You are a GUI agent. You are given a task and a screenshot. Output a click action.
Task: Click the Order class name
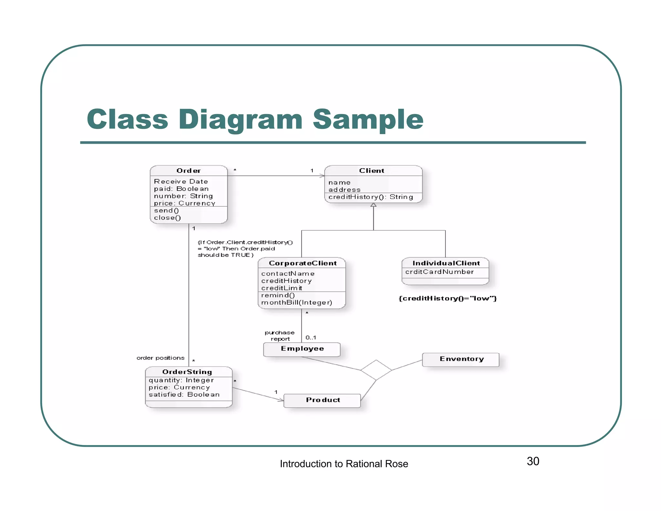[188, 171]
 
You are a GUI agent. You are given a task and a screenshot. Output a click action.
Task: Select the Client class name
[371, 171]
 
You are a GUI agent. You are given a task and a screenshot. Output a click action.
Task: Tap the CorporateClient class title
[302, 263]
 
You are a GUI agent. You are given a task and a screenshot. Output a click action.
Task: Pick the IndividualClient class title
[446, 263]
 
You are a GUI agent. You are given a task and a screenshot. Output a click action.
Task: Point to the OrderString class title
[187, 372]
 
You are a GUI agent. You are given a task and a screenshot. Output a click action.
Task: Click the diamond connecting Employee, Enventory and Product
[376, 370]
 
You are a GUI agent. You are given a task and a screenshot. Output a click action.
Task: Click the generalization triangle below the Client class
[373, 205]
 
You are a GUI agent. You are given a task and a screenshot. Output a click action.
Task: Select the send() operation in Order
[167, 211]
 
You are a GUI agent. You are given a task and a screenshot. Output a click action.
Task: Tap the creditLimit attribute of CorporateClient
[282, 288]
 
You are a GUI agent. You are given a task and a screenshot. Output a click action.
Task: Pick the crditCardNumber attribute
[440, 272]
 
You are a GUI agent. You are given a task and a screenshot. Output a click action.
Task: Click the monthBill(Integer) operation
[297, 302]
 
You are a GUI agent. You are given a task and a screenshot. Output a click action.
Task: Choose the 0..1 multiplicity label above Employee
[311, 338]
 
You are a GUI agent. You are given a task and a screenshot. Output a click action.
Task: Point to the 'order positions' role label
[160, 358]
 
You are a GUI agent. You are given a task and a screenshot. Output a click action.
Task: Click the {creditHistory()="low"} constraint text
[448, 298]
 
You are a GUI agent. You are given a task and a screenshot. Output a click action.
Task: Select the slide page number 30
[533, 461]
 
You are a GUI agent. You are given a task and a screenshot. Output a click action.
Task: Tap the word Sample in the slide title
[368, 120]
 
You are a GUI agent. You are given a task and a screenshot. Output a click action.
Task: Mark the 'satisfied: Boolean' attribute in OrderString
[184, 394]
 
